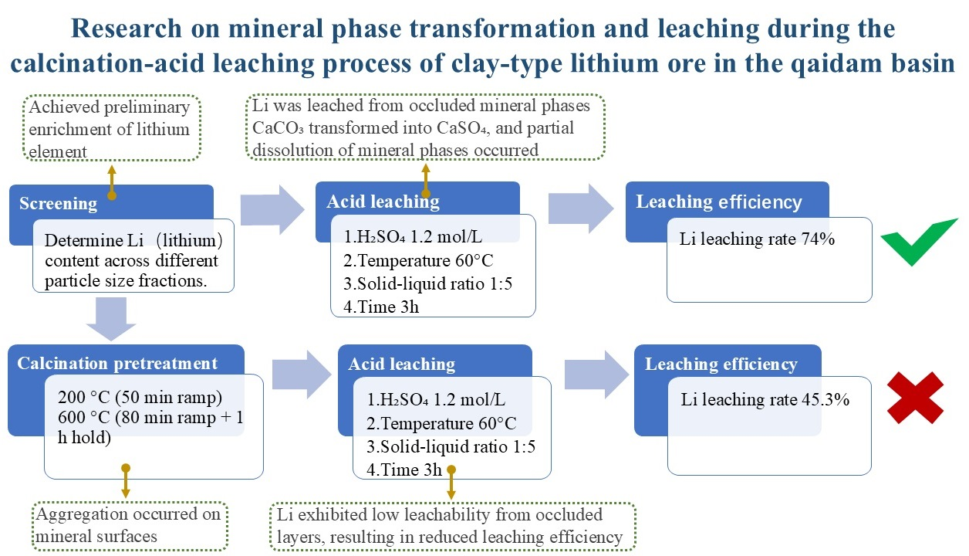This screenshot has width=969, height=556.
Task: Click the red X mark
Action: click(915, 398)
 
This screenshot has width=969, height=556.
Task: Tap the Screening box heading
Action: click(59, 203)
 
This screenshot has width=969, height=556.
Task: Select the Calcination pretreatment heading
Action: click(117, 363)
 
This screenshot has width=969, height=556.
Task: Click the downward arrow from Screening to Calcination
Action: click(111, 319)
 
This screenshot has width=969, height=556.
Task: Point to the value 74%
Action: click(818, 239)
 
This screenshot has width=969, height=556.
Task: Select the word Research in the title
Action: click(127, 29)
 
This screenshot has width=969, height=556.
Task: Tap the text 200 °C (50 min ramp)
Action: click(140, 397)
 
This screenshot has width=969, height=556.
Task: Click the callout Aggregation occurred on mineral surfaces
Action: click(130, 526)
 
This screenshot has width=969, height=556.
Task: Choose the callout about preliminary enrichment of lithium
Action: click(112, 128)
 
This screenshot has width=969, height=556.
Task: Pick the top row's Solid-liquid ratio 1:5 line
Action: click(428, 283)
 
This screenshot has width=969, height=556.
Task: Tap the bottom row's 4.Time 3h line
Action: click(404, 470)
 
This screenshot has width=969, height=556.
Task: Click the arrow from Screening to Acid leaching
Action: click(272, 210)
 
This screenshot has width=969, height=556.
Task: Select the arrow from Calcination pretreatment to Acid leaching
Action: click(302, 375)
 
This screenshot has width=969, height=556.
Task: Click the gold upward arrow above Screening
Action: click(112, 182)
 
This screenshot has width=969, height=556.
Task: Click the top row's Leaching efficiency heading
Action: click(718, 202)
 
